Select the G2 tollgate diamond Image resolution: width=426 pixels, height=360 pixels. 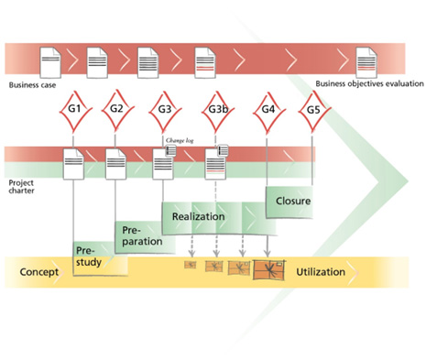pyautogui.click(x=117, y=110)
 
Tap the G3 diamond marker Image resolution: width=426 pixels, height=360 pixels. pyautogui.click(x=165, y=111)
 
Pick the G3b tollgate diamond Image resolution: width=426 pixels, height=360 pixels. pyautogui.click(x=218, y=111)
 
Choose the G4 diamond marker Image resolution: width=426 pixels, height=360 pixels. pyautogui.click(x=268, y=112)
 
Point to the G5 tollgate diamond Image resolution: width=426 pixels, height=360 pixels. pyautogui.click(x=313, y=111)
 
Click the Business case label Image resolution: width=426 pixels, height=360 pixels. pyautogui.click(x=32, y=85)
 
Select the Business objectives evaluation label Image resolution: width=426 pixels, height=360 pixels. pyautogui.click(x=369, y=83)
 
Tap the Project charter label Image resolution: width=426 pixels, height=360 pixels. pyautogui.click(x=21, y=187)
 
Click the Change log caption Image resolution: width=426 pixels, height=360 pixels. pyautogui.click(x=180, y=140)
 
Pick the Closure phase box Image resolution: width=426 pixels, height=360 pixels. pyautogui.click(x=289, y=202)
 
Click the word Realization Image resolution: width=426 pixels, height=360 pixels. pyautogui.click(x=199, y=216)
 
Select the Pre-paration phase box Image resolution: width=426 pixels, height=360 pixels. pyautogui.click(x=146, y=237)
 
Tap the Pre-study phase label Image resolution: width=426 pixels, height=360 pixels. pyautogui.click(x=89, y=256)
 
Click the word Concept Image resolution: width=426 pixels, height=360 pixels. pyautogui.click(x=39, y=272)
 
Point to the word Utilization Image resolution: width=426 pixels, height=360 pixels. pyautogui.click(x=321, y=272)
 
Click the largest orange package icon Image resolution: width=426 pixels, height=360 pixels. pyautogui.click(x=269, y=269)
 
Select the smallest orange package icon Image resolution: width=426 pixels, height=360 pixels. pyautogui.click(x=191, y=265)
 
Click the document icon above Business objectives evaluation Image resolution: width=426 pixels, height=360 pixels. pyautogui.click(x=366, y=62)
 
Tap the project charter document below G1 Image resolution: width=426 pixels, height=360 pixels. pyautogui.click(x=73, y=164)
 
